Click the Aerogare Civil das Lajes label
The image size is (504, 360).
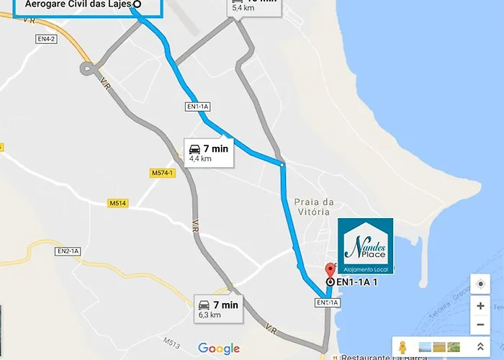click(78, 4)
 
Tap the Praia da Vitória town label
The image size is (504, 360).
click(315, 207)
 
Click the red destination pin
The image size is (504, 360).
click(330, 271)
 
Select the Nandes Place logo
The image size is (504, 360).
click(366, 246)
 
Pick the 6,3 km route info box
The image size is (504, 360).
click(219, 308)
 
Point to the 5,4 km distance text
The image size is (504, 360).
click(244, 9)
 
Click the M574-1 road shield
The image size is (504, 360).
click(163, 174)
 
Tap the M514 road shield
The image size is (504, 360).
click(118, 204)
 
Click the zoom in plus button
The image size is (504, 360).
click(480, 305)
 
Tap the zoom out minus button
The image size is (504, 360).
click(480, 325)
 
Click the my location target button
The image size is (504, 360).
click(480, 284)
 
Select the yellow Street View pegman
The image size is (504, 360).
click(402, 348)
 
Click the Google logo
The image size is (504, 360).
click(219, 348)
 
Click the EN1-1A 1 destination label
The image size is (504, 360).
click(357, 282)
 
